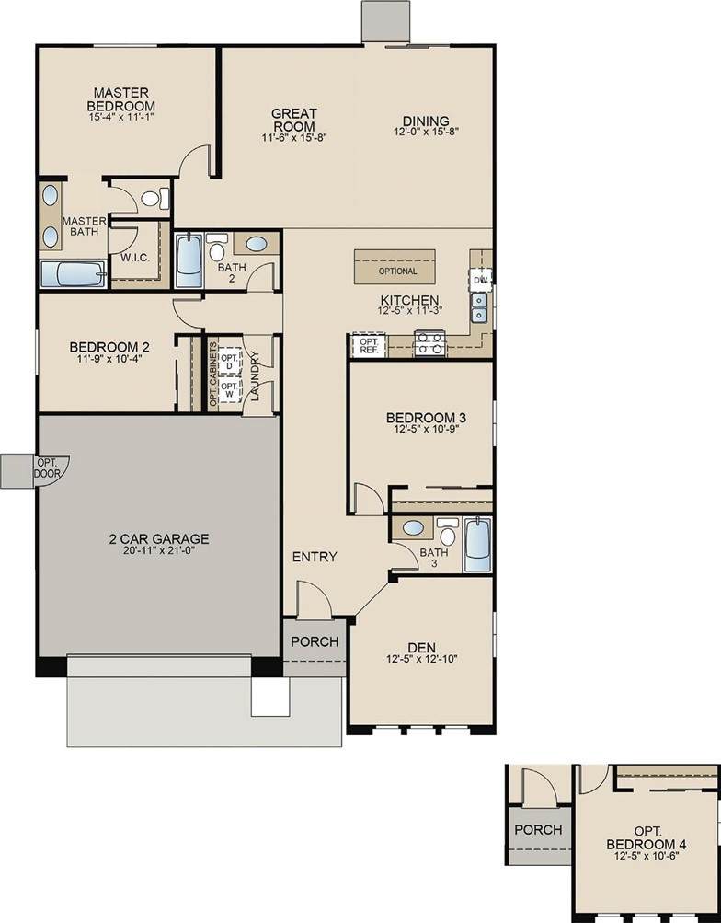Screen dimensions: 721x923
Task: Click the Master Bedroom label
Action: tap(121, 99)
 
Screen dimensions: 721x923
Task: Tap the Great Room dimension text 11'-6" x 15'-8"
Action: tap(294, 138)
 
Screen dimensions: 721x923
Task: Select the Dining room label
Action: tap(426, 121)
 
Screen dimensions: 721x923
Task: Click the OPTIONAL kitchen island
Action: tap(395, 267)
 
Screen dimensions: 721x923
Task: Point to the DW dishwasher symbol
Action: tap(481, 280)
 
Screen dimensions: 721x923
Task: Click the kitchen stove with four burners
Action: tap(429, 344)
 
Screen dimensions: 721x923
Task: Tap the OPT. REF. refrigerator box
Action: tap(370, 345)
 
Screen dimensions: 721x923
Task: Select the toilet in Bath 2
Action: tap(216, 248)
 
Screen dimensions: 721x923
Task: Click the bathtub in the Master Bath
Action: tap(73, 274)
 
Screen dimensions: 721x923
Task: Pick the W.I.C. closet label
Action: tap(135, 258)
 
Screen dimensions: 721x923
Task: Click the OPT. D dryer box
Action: tap(229, 362)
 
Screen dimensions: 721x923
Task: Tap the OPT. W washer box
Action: tap(229, 390)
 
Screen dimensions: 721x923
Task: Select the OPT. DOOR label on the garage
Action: tap(47, 468)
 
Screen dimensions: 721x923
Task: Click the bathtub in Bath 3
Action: tap(477, 544)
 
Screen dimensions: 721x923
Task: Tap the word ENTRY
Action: tap(315, 556)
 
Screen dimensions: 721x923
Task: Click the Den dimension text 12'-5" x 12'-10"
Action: tap(422, 659)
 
